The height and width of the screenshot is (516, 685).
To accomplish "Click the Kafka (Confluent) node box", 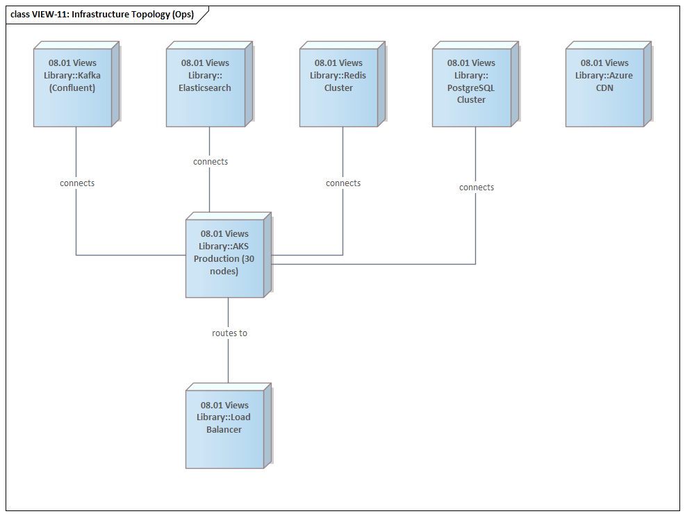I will pos(73,88).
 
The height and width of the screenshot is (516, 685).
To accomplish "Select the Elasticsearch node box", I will pos(205,88).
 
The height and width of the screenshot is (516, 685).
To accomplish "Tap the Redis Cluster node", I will pos(338,88).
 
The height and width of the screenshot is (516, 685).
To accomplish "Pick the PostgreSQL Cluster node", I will pos(471,88).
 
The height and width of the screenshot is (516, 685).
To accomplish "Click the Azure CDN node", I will pos(604,88).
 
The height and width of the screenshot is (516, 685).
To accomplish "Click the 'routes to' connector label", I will pos(229,333).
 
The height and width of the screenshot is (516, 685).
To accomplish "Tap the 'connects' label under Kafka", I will pos(77,183).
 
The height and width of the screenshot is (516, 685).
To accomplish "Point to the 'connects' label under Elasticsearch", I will pos(211,162).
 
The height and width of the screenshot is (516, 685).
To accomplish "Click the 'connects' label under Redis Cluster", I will pos(343,183).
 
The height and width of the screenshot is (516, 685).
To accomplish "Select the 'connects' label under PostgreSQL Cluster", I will pos(477,188).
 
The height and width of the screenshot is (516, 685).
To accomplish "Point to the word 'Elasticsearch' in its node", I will pos(205,88).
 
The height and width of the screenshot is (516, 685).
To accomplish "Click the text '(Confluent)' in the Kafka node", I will pos(72,88).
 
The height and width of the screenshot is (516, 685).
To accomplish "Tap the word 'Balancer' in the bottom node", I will pos(224,430).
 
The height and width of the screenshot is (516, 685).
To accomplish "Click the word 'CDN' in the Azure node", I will pos(604,88).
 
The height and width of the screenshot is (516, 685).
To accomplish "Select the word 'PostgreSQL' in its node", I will pos(471,88).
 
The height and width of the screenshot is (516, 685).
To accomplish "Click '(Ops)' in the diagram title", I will pos(183,15).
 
